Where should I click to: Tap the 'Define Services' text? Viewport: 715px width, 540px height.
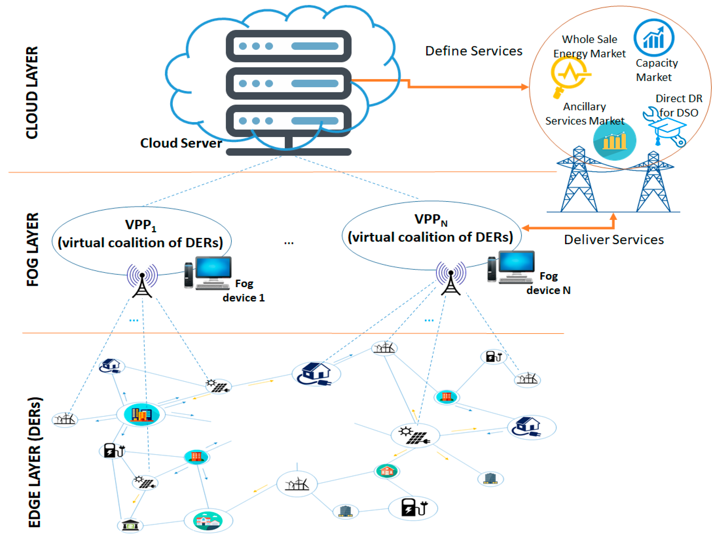473,51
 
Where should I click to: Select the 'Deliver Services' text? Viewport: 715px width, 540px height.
613,240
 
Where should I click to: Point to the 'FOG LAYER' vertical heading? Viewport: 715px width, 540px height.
32,249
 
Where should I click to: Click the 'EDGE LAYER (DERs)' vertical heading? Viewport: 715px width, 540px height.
34,462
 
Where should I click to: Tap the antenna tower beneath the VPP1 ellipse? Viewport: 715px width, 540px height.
142,281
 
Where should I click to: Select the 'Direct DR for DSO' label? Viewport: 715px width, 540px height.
678,106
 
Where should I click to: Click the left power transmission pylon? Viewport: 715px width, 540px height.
579,181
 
